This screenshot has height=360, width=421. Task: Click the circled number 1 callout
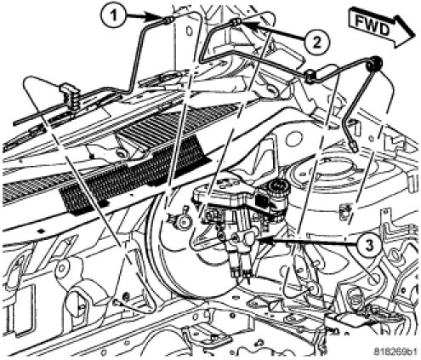tap(113, 16)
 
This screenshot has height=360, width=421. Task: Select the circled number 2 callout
tap(317, 43)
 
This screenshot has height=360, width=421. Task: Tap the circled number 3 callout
tap(368, 246)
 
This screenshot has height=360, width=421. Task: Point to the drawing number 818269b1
tap(395, 351)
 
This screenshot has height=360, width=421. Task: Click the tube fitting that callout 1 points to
tap(169, 20)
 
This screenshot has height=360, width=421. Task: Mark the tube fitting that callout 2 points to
tap(236, 22)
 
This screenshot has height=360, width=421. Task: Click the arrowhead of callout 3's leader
tap(259, 241)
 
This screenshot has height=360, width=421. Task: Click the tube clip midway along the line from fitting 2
tap(310, 76)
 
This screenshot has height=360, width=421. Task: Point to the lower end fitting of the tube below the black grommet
tap(353, 146)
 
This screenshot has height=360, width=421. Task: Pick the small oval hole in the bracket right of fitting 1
tap(190, 31)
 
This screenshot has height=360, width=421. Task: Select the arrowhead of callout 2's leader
tap(247, 24)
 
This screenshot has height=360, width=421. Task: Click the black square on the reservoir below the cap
tap(260, 201)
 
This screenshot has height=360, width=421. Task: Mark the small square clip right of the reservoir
tap(345, 212)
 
